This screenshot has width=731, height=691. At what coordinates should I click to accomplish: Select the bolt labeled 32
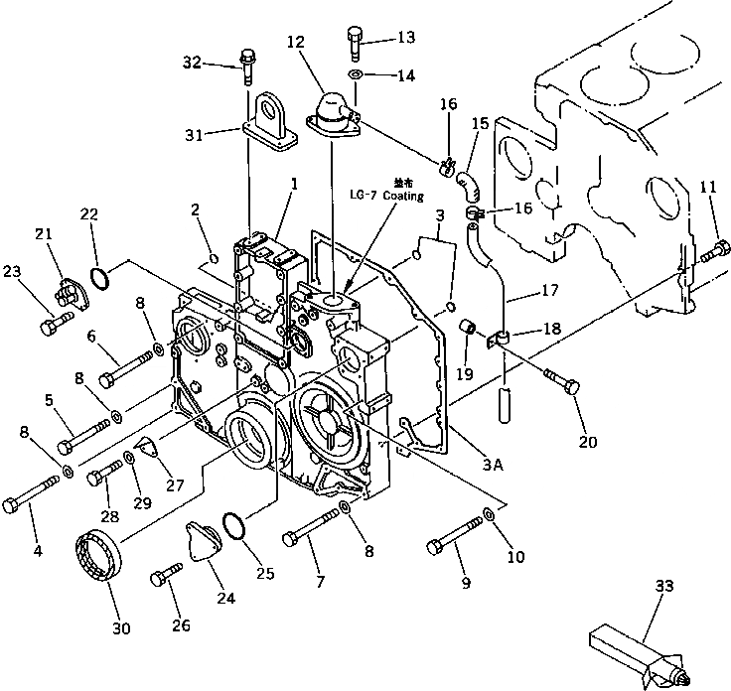tap(245, 68)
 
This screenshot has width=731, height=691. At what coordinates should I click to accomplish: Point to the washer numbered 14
tap(356, 75)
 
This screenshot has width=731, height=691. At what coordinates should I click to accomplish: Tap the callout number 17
tap(550, 292)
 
